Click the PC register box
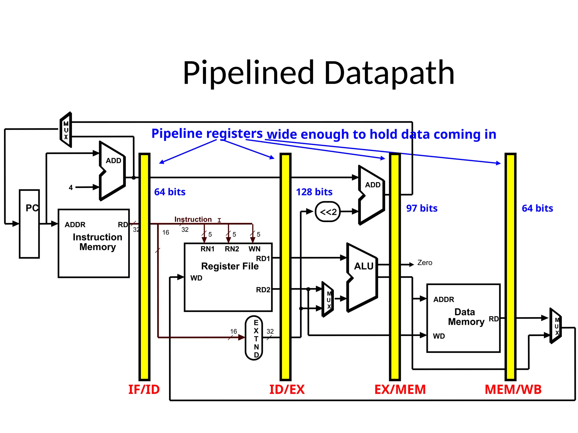tap(29, 224)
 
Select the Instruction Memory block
tap(94, 243)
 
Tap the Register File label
tap(230, 266)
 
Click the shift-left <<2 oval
tap(328, 212)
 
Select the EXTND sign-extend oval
tap(254, 338)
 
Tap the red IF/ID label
tap(144, 390)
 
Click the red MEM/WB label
tap(513, 390)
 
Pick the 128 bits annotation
tap(314, 192)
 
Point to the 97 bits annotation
tap(422, 208)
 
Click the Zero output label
tap(424, 263)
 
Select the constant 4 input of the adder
tap(71, 187)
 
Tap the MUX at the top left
tap(66, 130)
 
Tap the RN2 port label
tap(232, 249)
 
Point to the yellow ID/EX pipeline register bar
tap(285, 266)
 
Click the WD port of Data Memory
tap(439, 336)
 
